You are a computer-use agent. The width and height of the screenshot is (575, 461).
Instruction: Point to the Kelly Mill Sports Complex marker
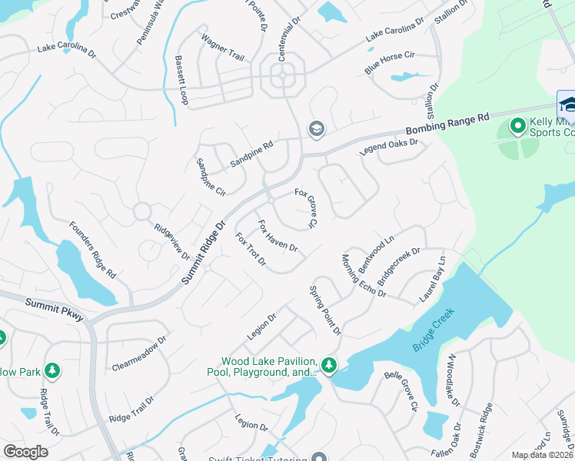point(518,124)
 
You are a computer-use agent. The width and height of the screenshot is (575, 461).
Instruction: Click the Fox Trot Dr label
point(251,250)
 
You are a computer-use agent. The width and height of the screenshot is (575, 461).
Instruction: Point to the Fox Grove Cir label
point(306,208)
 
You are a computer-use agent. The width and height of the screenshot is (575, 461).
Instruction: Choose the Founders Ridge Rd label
point(92,248)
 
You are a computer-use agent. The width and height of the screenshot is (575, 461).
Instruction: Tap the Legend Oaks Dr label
point(388,148)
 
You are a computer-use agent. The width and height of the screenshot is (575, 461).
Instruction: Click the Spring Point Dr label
point(324,310)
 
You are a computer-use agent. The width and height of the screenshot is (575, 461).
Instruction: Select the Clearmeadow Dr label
point(139,352)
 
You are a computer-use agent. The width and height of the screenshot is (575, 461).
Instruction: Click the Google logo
point(26,452)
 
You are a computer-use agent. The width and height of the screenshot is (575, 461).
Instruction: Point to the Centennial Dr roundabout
point(284,76)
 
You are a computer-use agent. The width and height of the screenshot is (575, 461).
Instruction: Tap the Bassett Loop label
point(181,80)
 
